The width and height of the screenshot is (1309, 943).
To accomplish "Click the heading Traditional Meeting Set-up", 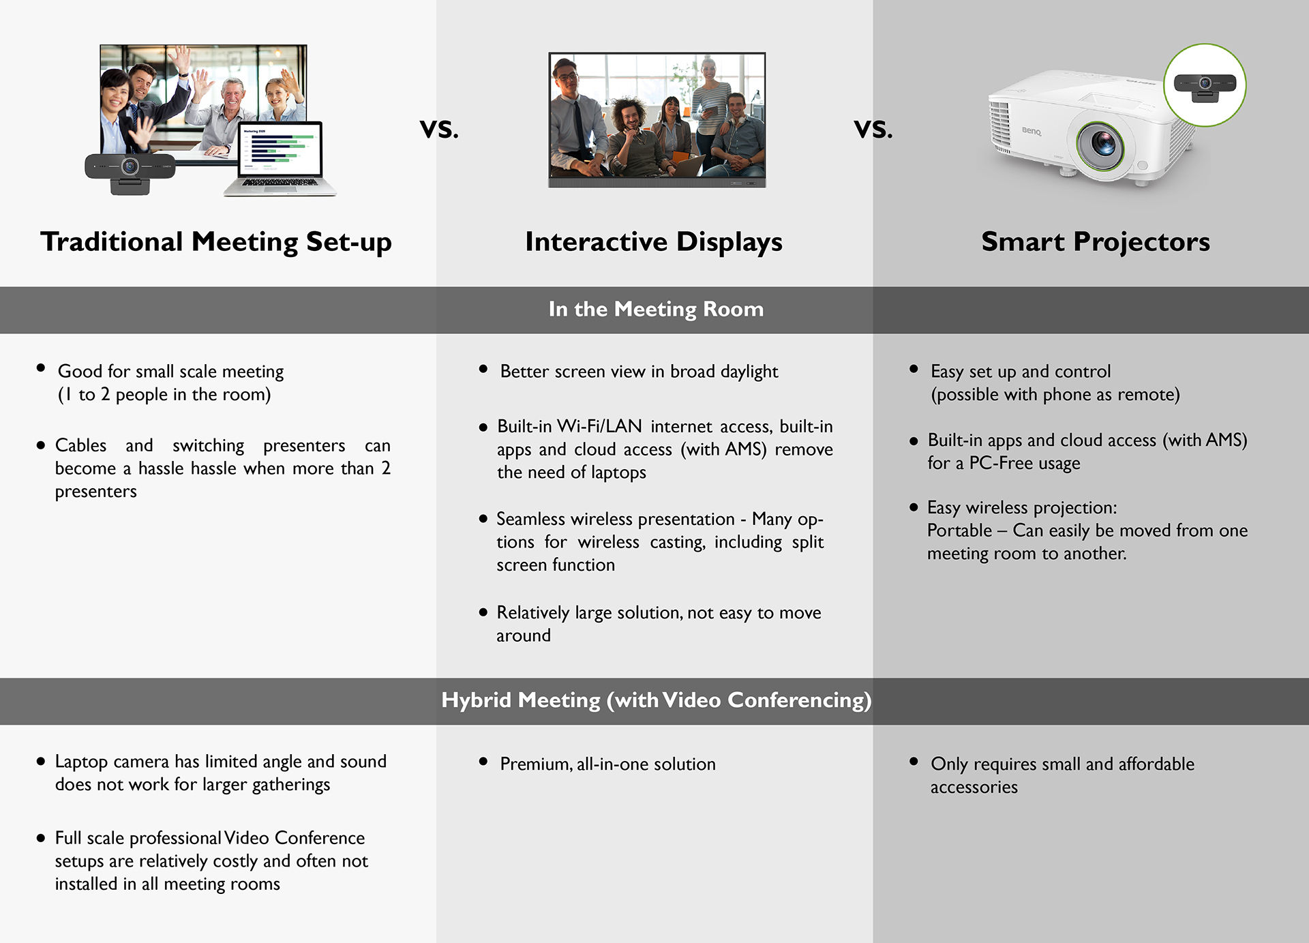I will (x=215, y=242).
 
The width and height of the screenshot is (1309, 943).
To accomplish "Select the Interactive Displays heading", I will (x=653, y=242).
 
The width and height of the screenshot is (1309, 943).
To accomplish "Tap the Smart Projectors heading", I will (x=1095, y=242).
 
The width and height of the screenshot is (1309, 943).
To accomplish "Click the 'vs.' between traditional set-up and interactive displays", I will (x=439, y=128).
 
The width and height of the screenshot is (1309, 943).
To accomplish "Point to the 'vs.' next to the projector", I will (x=873, y=128).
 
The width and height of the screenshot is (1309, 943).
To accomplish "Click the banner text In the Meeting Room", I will (x=655, y=309).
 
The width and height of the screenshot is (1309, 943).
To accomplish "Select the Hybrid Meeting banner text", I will (x=655, y=700).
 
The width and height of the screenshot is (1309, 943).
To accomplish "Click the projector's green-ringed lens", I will (x=1101, y=144).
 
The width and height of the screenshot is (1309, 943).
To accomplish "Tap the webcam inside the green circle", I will (x=1204, y=85).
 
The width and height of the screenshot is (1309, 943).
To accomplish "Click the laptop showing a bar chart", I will (x=280, y=158).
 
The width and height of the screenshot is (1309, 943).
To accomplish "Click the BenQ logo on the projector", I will (x=1031, y=130).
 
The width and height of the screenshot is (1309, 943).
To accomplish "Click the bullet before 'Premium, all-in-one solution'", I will (x=483, y=762).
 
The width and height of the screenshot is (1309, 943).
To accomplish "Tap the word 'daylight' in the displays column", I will (x=749, y=372).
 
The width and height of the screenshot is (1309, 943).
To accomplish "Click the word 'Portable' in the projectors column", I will (x=959, y=530).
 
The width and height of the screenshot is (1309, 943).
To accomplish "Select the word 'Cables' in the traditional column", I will (x=80, y=445).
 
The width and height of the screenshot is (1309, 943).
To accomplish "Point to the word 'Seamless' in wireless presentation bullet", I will (x=530, y=520).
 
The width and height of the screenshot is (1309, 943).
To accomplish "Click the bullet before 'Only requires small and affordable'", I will (x=914, y=762).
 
